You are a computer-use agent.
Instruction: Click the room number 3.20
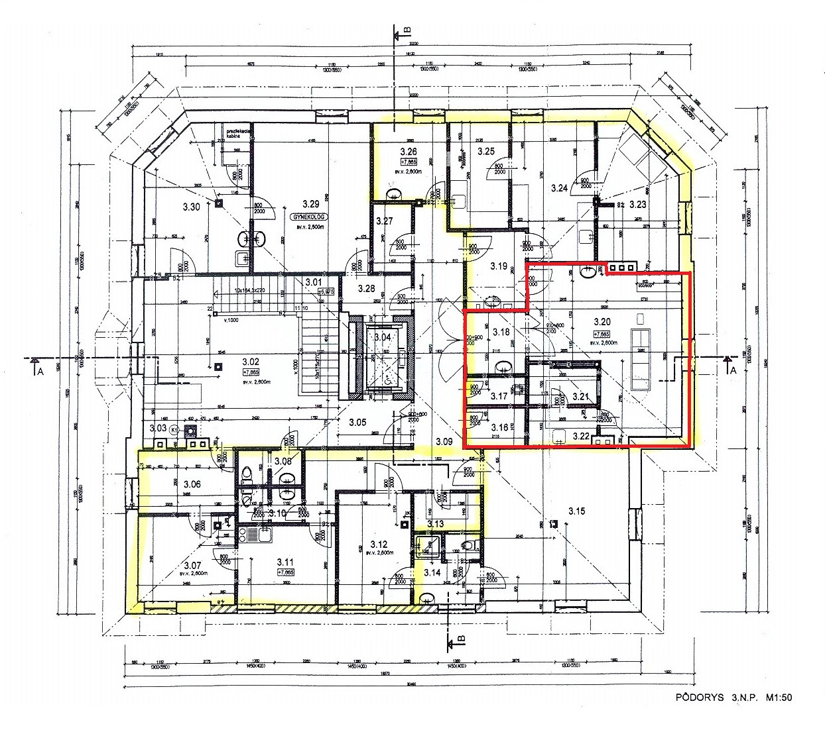602,322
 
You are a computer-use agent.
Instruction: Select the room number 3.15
576,511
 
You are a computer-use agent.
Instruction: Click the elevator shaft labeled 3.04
383,337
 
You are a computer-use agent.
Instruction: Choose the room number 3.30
191,207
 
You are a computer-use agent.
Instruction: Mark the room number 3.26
407,151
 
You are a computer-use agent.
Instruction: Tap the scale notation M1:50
780,698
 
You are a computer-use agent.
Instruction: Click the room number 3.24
560,188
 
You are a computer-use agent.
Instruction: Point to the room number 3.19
499,266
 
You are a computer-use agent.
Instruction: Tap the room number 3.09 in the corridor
443,441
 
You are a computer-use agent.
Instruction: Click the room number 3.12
378,543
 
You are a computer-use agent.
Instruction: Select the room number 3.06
192,484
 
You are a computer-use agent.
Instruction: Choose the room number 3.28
366,289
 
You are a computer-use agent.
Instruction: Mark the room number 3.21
580,396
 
